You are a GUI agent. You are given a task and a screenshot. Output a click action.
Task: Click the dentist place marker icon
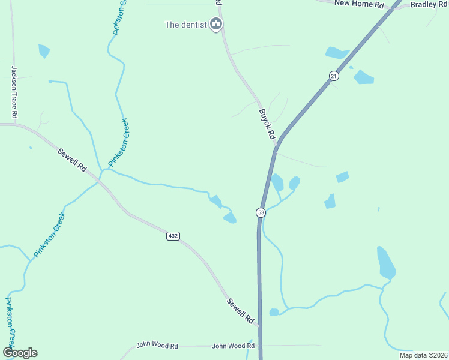(216, 24)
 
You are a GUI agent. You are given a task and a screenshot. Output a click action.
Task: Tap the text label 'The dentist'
(186, 25)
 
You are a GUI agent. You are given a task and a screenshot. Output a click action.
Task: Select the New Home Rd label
(358, 4)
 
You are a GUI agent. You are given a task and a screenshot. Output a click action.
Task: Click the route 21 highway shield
(334, 75)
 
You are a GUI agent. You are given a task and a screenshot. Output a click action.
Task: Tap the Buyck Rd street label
(267, 124)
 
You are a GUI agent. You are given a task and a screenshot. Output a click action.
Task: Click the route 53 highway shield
(261, 212)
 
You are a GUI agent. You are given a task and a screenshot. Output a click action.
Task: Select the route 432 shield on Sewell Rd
(173, 236)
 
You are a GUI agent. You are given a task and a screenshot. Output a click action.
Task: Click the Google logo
(20, 353)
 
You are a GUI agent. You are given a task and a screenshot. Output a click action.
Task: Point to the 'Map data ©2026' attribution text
(423, 355)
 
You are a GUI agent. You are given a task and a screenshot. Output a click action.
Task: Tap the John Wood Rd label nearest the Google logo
(157, 346)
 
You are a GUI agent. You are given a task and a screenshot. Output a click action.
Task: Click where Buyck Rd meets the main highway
(276, 143)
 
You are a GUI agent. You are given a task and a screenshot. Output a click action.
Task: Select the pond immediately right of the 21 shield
(363, 77)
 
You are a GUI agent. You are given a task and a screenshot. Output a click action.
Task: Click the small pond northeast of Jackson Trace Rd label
(44, 51)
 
